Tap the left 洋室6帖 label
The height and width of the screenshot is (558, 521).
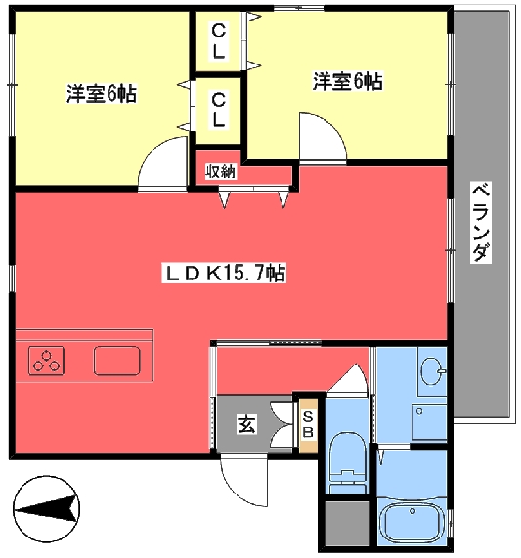pos(101,94)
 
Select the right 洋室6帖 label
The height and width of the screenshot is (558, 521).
pos(347,82)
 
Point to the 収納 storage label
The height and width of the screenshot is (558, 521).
pos(221,171)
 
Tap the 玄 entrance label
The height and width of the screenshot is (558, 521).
pos(245,424)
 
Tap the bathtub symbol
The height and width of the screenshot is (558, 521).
pos(411,523)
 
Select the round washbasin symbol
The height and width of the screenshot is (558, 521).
pos(430,371)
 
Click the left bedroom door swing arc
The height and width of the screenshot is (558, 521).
pos(162,164)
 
